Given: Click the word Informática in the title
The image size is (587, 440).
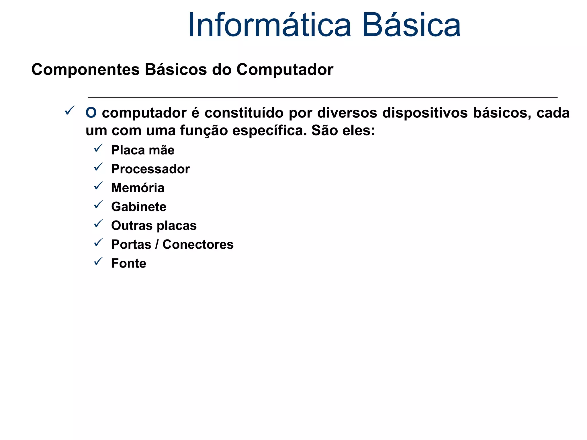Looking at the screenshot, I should pos(269,25).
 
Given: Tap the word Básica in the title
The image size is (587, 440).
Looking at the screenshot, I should pos(411,25).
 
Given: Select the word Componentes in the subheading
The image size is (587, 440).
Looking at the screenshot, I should pos(85,70).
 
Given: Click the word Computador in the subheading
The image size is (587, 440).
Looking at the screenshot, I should pos(285,70).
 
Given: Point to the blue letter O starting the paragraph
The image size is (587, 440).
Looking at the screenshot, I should pos(91,113).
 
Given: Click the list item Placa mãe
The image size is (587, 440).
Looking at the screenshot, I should pos(143,150).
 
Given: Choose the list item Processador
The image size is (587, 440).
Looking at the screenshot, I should pos(150,169).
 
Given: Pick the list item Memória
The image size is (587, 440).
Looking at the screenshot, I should pos(138,188).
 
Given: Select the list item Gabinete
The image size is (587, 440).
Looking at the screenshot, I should pos(139,207).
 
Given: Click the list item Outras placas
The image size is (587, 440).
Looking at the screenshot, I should pos(154,226).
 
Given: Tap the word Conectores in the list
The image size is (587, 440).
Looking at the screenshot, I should pos(198,245).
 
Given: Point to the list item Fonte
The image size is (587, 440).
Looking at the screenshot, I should pos(129,264).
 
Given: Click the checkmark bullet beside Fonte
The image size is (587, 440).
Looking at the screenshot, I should pos(98,261).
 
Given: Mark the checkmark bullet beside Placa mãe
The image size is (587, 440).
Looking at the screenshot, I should pos(98,148).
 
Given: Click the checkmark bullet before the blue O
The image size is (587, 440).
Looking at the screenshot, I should pos(70,110).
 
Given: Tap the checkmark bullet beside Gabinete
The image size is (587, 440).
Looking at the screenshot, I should pos(98,205).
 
